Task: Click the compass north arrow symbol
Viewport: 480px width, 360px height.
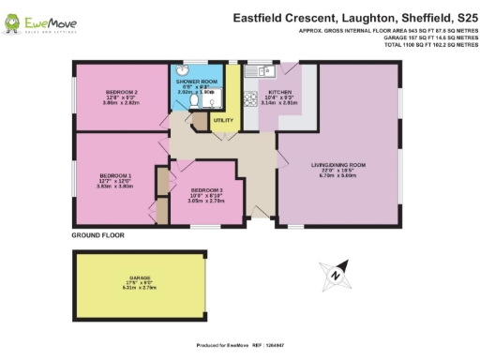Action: tap(334, 276)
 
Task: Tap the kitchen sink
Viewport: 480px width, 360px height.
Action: tap(256, 71)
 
